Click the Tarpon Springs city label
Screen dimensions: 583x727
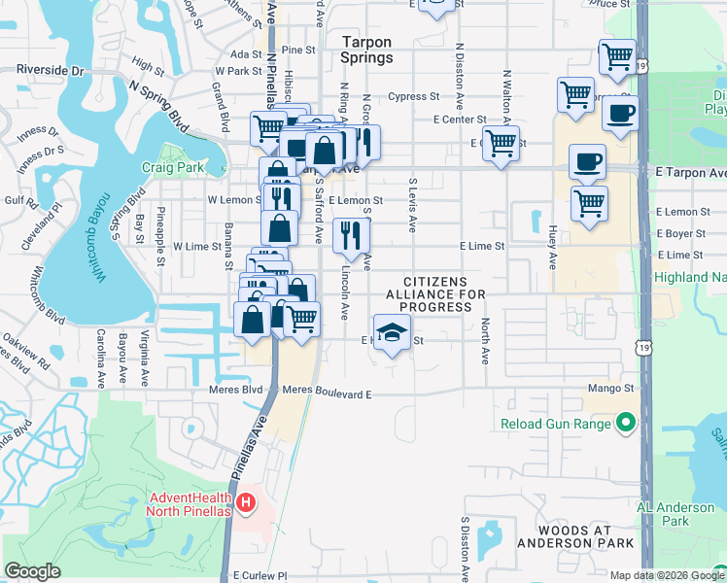pyautogui.click(x=367, y=50)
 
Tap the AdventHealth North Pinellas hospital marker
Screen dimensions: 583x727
pyautogui.click(x=246, y=502)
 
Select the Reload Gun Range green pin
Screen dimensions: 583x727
pyautogui.click(x=626, y=423)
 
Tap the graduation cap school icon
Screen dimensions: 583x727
pyautogui.click(x=391, y=333)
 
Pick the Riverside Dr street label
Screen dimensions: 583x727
pyautogui.click(x=51, y=71)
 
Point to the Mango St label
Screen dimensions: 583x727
pyautogui.click(x=610, y=388)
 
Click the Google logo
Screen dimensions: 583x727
pyautogui.click(x=32, y=571)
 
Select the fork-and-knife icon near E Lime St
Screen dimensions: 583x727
pyautogui.click(x=348, y=234)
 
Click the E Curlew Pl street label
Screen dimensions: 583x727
pyautogui.click(x=261, y=575)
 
